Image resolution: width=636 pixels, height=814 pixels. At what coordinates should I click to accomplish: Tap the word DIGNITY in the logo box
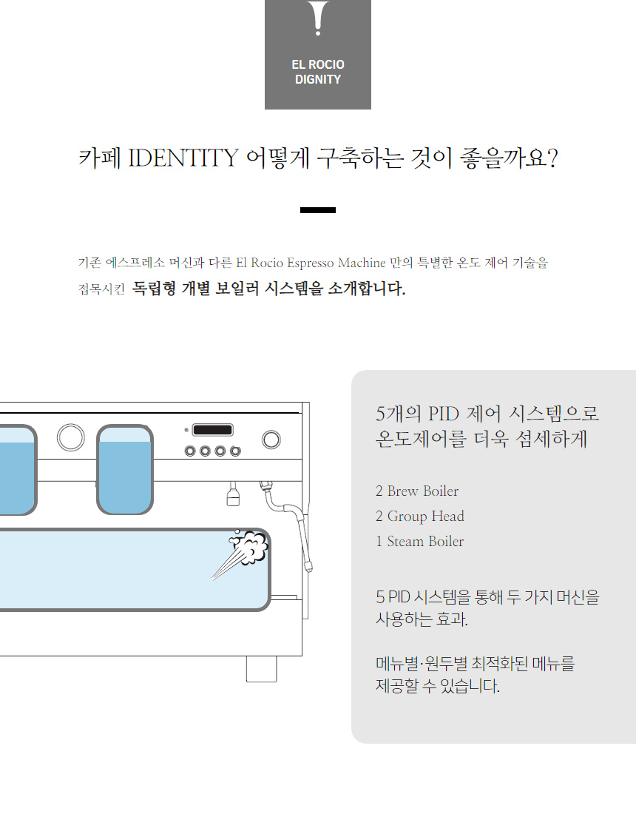[318, 80]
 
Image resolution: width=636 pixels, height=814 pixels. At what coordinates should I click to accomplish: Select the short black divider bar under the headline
[318, 210]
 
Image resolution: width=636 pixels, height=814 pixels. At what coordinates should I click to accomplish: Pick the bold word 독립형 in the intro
[155, 289]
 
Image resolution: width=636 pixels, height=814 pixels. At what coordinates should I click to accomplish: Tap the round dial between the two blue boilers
[70, 437]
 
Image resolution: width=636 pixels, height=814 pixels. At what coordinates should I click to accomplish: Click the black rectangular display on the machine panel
[213, 430]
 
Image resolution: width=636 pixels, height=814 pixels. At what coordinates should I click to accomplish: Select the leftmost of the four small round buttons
[191, 451]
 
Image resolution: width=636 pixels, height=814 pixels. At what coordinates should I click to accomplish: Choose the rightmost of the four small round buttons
[235, 451]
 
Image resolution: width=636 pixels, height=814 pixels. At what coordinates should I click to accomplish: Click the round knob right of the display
[271, 438]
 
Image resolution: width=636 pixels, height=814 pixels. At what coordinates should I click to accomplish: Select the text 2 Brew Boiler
[417, 491]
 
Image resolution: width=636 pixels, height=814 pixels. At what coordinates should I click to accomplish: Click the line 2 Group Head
[420, 517]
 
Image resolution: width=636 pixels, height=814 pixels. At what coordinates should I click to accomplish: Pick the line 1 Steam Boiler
[420, 542]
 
